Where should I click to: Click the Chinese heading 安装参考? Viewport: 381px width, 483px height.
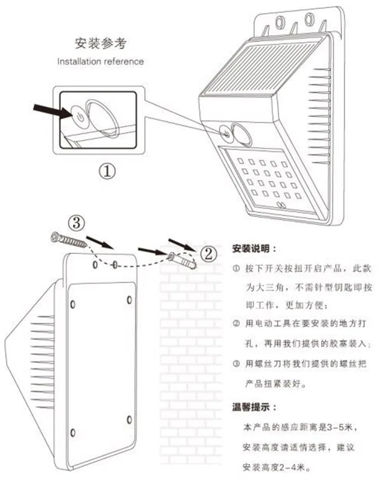coord(100,44)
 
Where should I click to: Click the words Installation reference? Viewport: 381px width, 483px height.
coord(100,61)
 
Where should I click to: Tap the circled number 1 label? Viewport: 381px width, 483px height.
coord(108,170)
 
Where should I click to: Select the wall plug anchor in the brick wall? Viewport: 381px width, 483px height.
coord(182,260)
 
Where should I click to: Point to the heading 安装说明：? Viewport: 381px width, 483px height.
coord(254,249)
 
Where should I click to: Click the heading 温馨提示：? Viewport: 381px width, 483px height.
coord(254,407)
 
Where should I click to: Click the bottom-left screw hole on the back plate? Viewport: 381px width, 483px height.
coord(72,431)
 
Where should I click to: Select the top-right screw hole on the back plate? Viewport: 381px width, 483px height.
coord(129,299)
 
